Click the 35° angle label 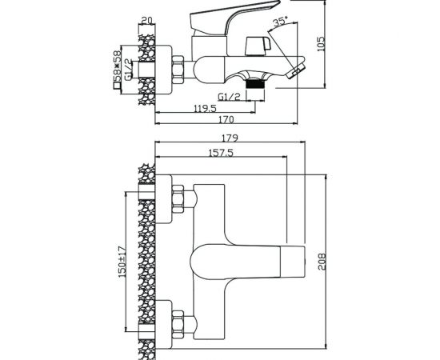tap(281, 22)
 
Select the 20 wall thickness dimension tap(146, 21)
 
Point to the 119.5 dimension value tap(205, 108)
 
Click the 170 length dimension tap(226, 119)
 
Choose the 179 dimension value tap(230, 138)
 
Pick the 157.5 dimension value tap(221, 153)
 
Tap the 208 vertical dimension tap(322, 262)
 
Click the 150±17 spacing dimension tap(122, 261)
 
